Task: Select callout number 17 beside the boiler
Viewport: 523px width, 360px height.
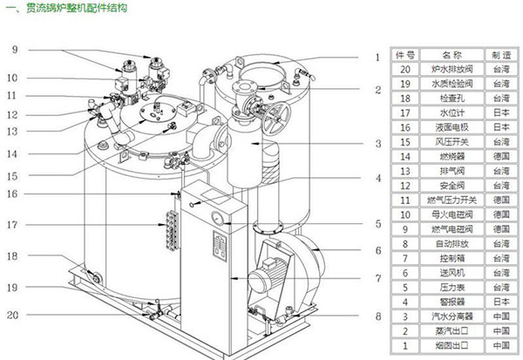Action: click(13, 225)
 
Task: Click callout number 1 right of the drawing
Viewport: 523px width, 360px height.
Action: click(377, 58)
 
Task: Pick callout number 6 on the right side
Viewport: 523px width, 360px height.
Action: click(377, 251)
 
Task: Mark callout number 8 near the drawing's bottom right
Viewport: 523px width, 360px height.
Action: click(377, 316)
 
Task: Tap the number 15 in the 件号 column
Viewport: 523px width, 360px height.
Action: click(404, 141)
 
